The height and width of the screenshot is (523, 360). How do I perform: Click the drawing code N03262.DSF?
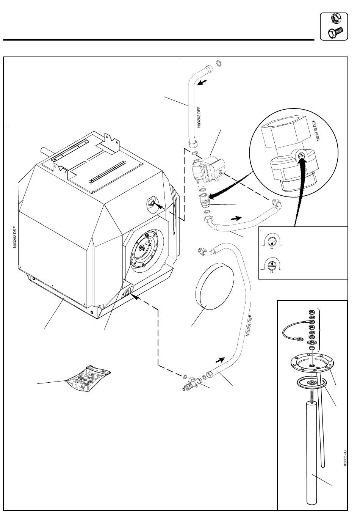(15, 237)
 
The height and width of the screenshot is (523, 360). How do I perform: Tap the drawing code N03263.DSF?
(199, 117)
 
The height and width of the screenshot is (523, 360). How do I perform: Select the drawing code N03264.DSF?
(249, 325)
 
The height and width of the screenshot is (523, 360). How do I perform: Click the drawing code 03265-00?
(345, 458)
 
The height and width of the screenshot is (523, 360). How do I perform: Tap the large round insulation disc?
(214, 286)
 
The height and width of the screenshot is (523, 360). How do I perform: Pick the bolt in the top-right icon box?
(335, 32)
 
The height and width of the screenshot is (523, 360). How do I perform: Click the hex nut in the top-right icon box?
(337, 18)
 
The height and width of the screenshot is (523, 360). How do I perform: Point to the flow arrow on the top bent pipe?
(202, 82)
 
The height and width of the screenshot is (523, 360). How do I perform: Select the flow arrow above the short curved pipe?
(236, 218)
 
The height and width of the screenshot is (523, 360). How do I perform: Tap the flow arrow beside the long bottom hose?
(220, 360)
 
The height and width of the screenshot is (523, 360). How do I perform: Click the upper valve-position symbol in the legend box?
(272, 243)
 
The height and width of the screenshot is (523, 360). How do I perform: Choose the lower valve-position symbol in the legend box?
(272, 265)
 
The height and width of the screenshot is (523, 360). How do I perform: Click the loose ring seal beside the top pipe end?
(218, 63)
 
